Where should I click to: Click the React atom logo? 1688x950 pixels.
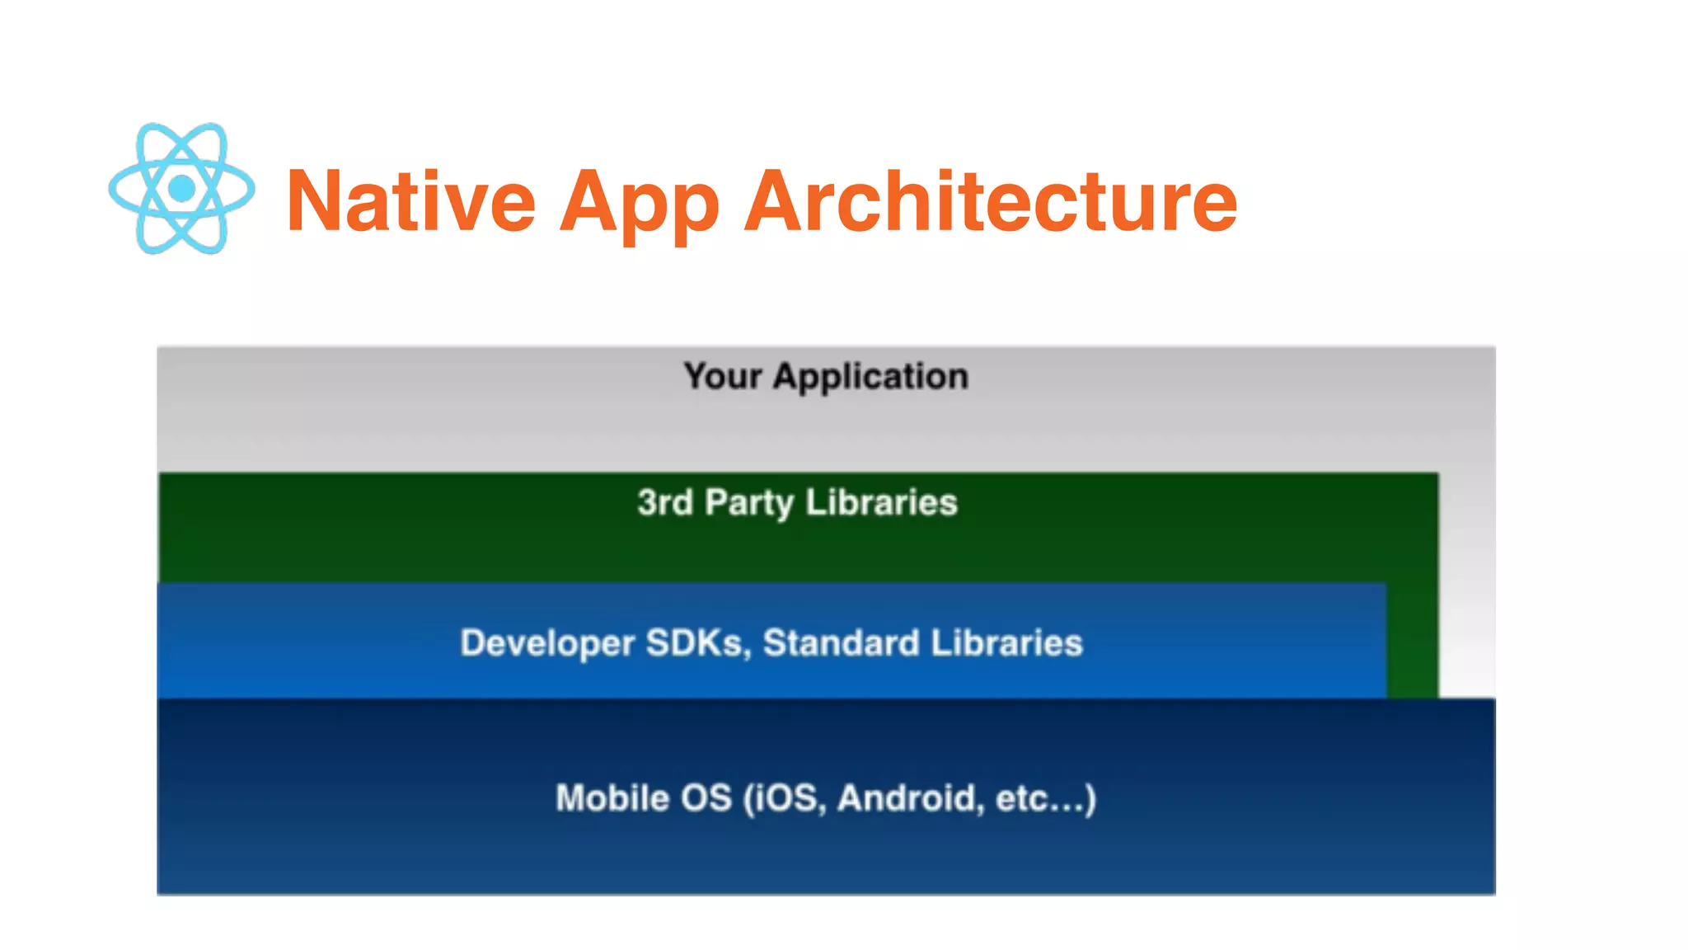(181, 189)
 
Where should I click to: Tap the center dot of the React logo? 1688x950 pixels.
(181, 189)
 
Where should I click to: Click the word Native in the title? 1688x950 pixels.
(411, 201)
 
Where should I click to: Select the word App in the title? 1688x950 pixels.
(640, 205)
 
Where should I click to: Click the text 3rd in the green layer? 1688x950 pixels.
(665, 502)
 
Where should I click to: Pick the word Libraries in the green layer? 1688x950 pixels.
(881, 502)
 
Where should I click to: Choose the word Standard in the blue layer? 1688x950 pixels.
(841, 643)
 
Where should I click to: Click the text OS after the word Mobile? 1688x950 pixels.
(706, 798)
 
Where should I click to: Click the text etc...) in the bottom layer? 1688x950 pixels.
(1046, 798)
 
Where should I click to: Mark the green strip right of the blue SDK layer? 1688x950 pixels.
(1413, 640)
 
